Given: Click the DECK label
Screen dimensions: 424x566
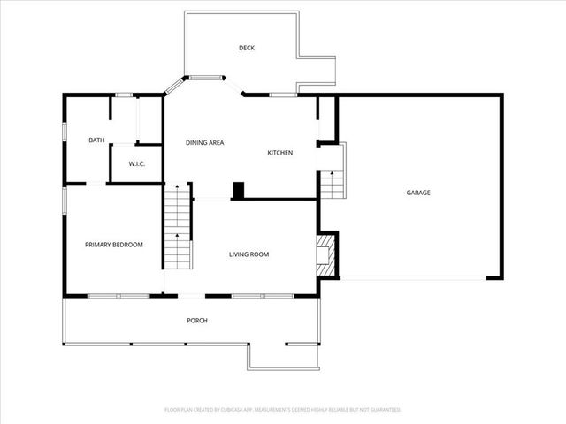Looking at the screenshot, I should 247,48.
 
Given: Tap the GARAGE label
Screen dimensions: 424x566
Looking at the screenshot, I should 418,193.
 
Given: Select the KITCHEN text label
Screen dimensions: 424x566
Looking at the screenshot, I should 280,153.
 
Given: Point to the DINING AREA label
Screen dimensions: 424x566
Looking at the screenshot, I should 203,142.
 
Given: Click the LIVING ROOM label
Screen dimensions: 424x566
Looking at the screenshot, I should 249,254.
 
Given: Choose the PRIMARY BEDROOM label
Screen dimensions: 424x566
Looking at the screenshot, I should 113,245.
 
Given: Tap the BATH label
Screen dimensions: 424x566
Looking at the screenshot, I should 96,140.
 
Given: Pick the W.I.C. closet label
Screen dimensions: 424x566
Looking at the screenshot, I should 136,163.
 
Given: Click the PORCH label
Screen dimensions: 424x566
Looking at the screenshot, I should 196,320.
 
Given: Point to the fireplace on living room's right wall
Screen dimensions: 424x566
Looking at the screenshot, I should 325,249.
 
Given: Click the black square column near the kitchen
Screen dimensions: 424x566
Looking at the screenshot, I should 238,190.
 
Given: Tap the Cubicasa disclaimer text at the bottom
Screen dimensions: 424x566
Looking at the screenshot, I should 283,410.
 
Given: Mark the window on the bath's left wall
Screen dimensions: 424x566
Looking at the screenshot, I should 64,131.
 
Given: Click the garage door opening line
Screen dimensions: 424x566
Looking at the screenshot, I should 413,279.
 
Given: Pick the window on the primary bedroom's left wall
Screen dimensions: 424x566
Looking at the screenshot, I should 64,200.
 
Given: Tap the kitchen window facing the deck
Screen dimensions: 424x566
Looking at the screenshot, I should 283,94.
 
